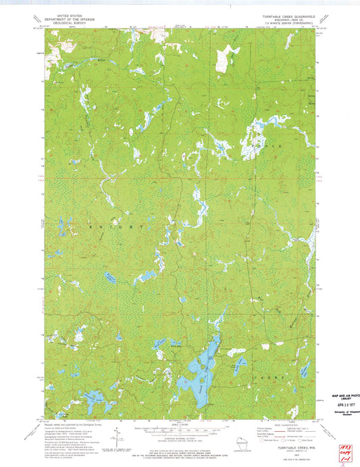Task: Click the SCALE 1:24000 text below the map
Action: (180, 423)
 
